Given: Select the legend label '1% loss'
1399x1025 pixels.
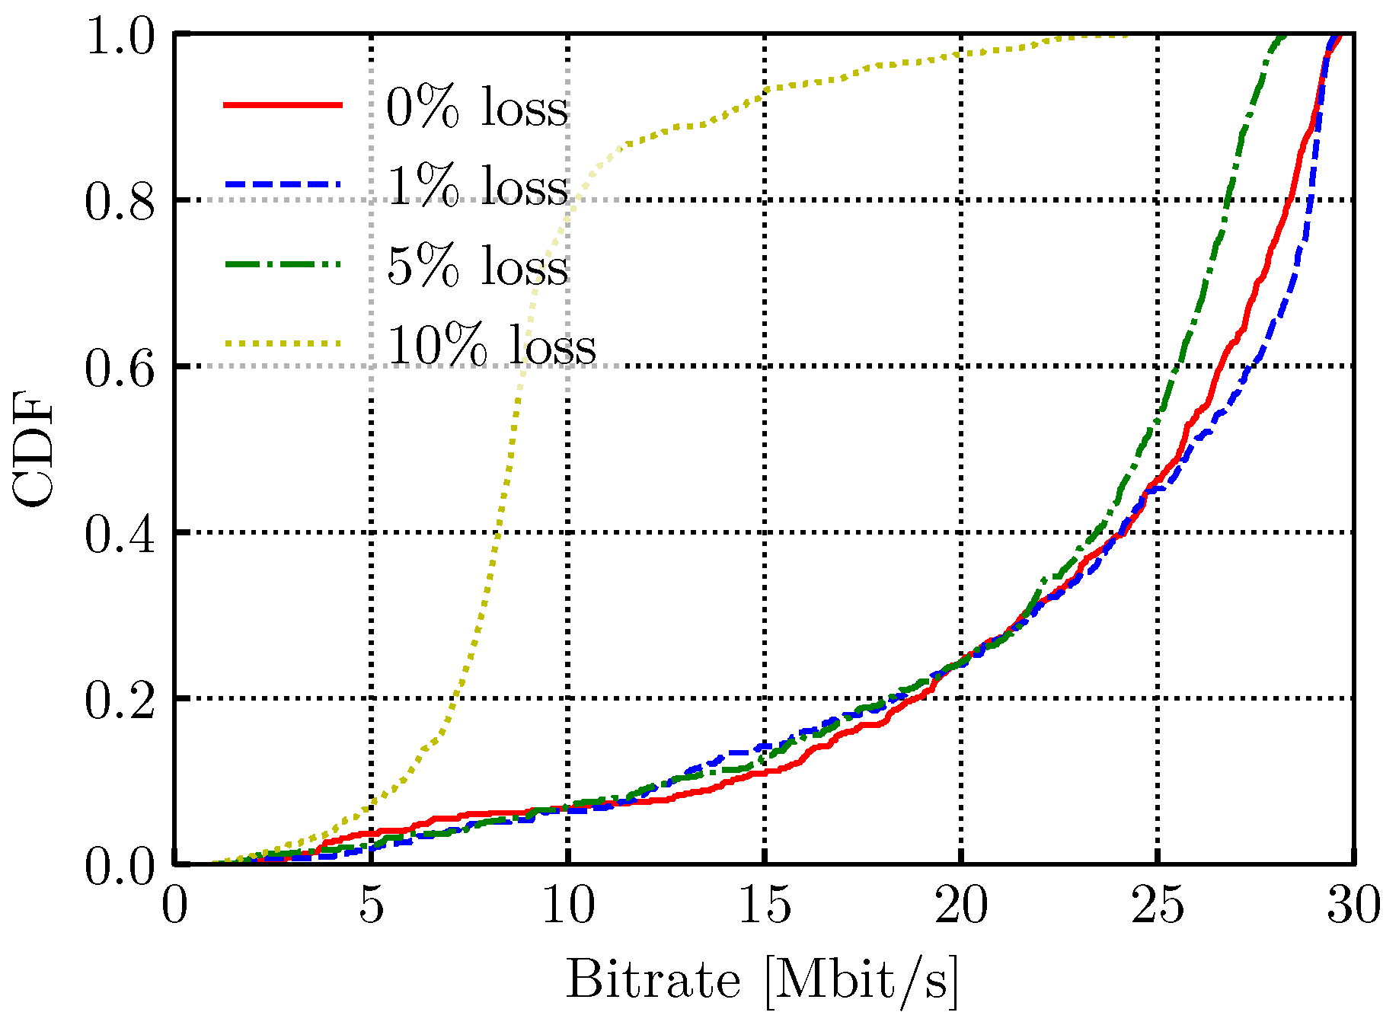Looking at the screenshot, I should [x=477, y=187].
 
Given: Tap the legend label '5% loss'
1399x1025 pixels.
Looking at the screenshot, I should [x=477, y=266].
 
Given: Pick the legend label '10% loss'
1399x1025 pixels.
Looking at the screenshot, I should [x=490, y=346].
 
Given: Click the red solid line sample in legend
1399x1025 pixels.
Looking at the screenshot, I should [x=283, y=105].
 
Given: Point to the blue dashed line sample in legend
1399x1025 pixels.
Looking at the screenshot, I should [x=283, y=184].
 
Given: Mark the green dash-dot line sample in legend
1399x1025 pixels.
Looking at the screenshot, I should [x=283, y=263].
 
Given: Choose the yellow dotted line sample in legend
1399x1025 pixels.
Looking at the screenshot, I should [x=283, y=343].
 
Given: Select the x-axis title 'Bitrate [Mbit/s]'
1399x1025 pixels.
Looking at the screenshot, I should [x=762, y=981].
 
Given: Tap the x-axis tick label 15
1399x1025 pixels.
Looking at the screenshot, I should [x=765, y=906].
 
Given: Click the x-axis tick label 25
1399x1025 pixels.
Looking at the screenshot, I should [x=1158, y=906].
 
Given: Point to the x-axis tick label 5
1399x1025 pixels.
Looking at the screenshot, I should [x=371, y=906].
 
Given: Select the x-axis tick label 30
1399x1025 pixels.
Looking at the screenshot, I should [x=1353, y=906].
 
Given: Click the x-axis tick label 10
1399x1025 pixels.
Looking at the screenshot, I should [x=568, y=906].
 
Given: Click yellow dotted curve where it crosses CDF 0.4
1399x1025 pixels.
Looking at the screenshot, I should [x=497, y=532].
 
